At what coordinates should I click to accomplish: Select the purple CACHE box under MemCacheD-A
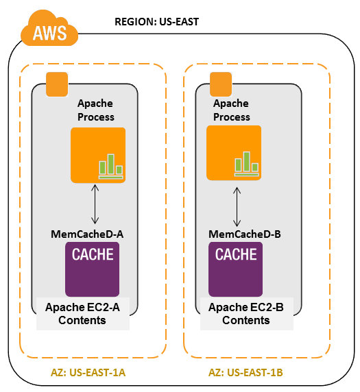point(97,269)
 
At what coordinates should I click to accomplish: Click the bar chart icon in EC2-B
point(246,163)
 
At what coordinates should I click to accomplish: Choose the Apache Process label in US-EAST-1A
point(95,110)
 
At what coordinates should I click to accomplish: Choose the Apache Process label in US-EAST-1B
point(232,110)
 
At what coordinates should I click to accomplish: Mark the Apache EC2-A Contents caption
point(82,314)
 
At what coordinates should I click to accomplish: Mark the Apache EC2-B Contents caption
point(245,314)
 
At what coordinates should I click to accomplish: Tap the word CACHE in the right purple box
point(237,255)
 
